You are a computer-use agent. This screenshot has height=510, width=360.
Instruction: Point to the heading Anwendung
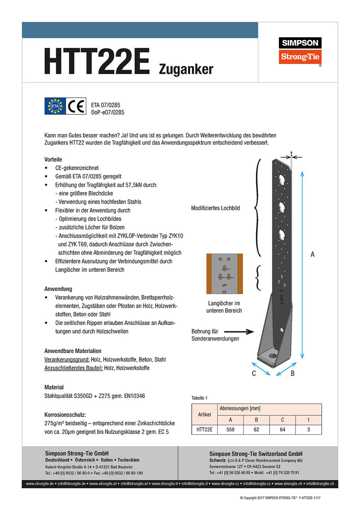click(58, 289)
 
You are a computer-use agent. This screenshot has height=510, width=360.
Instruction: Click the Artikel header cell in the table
click(204, 415)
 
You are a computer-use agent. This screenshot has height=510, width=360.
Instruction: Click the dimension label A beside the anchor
click(312, 255)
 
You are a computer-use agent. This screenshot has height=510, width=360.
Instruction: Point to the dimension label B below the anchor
click(292, 373)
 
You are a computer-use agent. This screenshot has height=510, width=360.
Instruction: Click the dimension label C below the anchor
click(254, 373)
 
